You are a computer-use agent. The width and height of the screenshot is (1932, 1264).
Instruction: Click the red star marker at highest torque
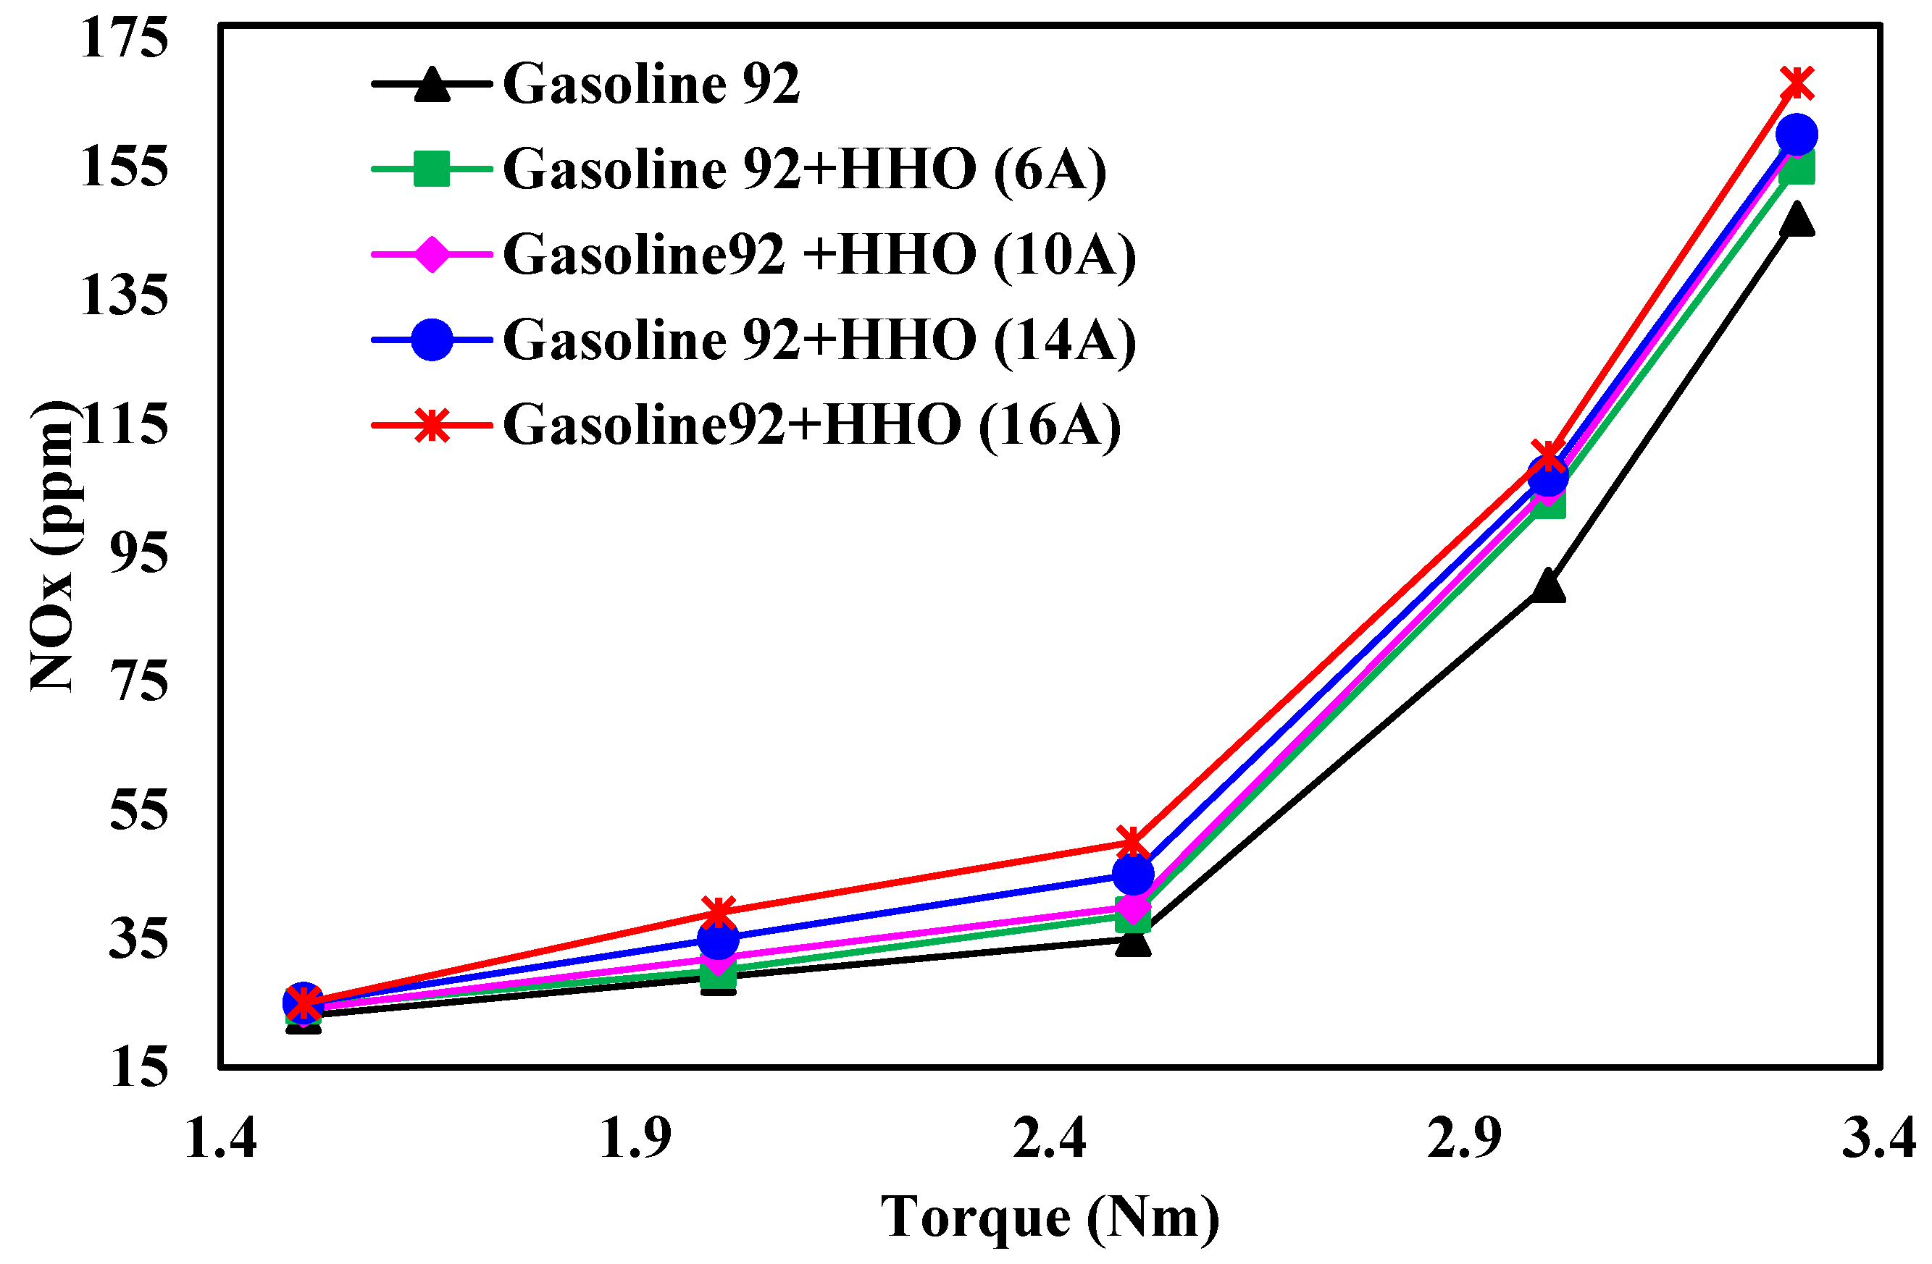pos(1797,83)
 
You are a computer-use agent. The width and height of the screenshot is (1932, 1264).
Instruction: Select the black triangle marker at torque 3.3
pos(1797,220)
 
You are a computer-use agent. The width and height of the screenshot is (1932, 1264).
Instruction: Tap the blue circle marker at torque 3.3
pos(1797,135)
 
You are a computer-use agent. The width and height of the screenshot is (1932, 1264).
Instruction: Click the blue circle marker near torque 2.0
pos(719,940)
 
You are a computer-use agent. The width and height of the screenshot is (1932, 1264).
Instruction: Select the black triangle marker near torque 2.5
pos(1133,942)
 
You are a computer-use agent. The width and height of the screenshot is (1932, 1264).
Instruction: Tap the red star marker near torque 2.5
pos(1133,843)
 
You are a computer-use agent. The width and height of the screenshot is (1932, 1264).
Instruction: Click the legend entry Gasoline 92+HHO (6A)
pos(803,169)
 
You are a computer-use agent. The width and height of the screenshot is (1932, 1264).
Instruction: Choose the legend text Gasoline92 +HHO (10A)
pos(819,255)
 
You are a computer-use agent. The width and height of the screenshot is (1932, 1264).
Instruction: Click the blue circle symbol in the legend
pos(432,340)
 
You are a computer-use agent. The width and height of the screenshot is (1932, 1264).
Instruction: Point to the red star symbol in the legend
pos(432,425)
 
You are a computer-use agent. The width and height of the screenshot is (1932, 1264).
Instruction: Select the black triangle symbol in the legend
pos(432,85)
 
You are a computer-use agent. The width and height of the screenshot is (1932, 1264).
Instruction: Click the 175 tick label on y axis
pos(123,38)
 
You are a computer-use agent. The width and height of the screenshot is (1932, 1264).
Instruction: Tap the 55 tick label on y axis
pos(138,809)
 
